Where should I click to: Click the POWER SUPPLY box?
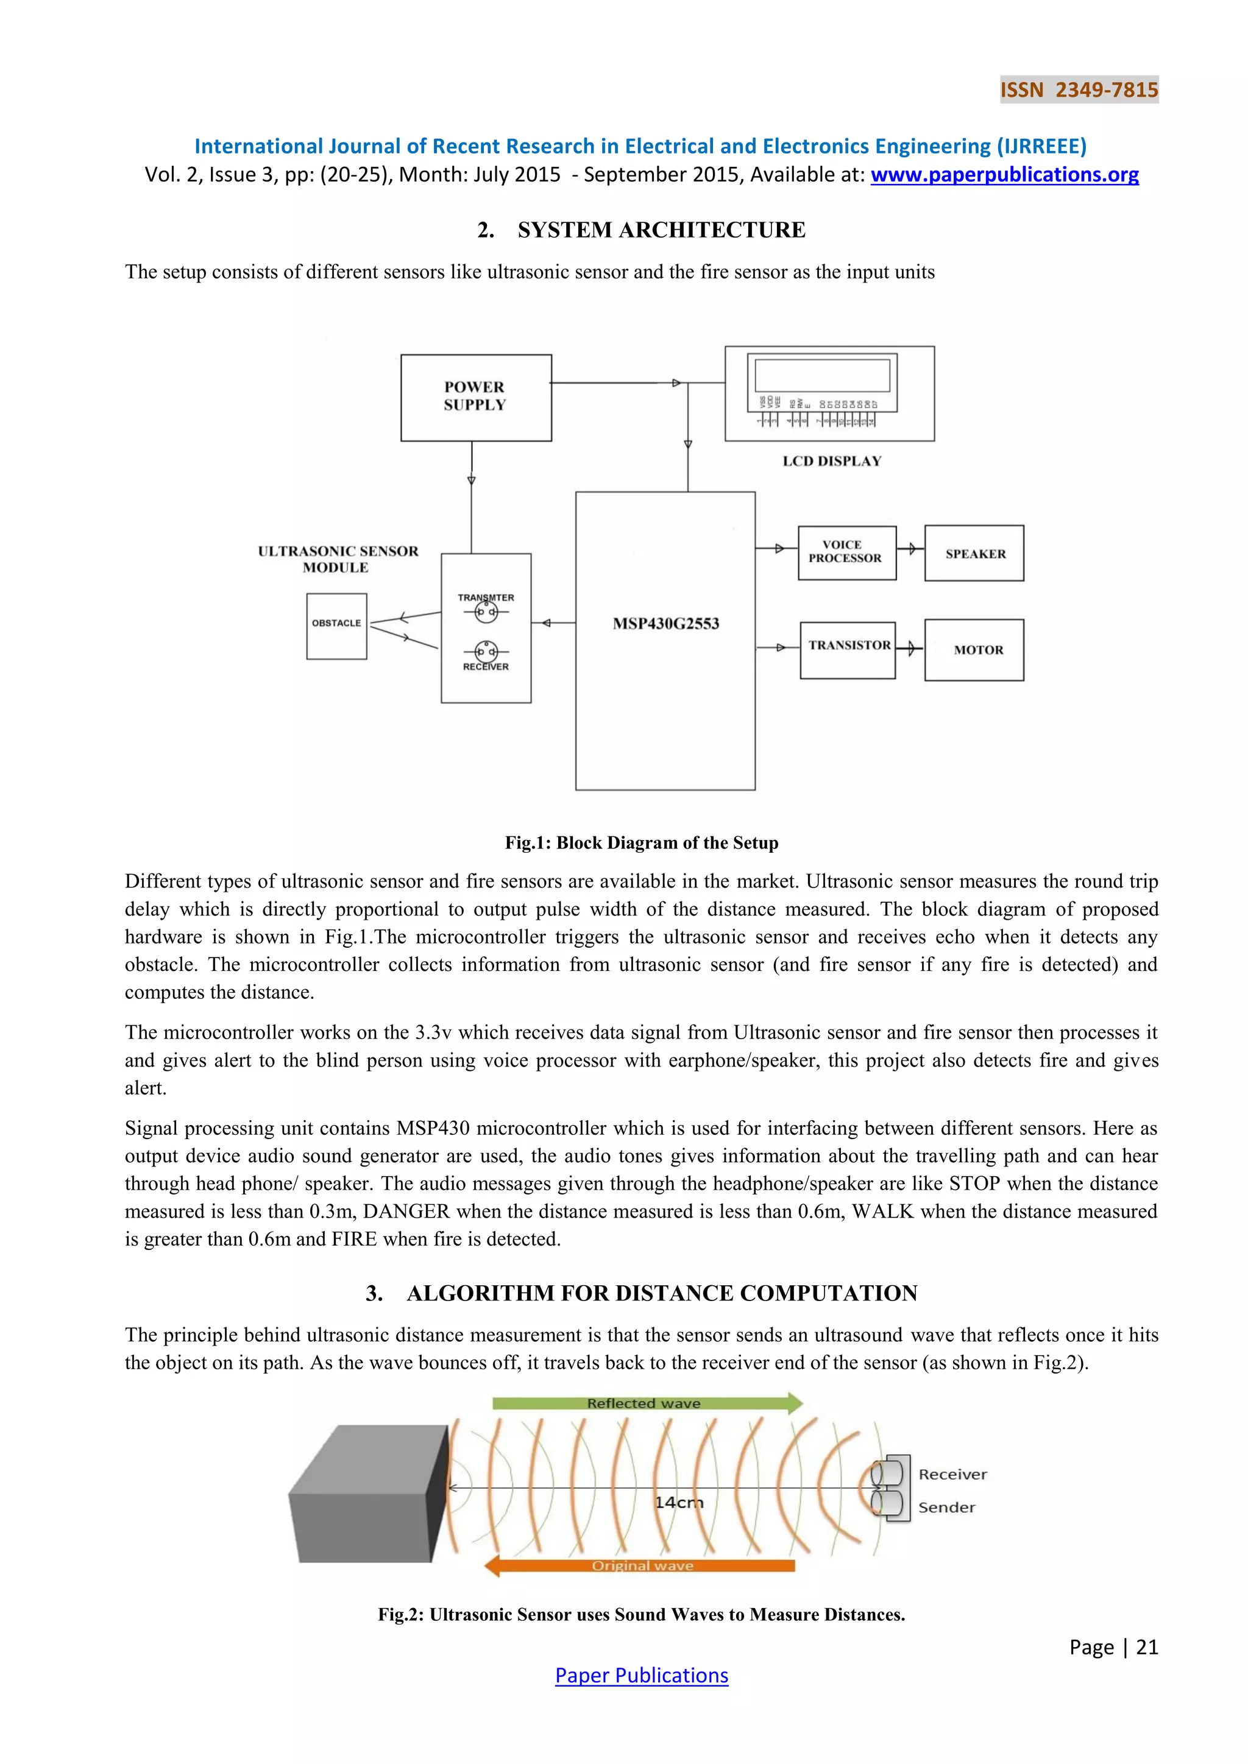point(476,397)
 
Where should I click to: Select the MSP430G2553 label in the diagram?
point(665,624)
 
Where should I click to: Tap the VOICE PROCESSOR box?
point(847,552)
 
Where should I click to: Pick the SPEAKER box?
point(974,553)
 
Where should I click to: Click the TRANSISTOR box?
point(848,649)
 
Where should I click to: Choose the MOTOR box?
point(974,650)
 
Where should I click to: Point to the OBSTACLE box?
point(336,626)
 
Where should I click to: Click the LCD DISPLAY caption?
point(831,461)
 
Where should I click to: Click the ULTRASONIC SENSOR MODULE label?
point(338,559)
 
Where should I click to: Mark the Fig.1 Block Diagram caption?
point(641,843)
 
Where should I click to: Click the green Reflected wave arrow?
point(645,1403)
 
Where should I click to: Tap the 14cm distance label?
point(679,1503)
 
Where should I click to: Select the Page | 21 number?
point(1113,1647)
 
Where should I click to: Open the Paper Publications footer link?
point(641,1676)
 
